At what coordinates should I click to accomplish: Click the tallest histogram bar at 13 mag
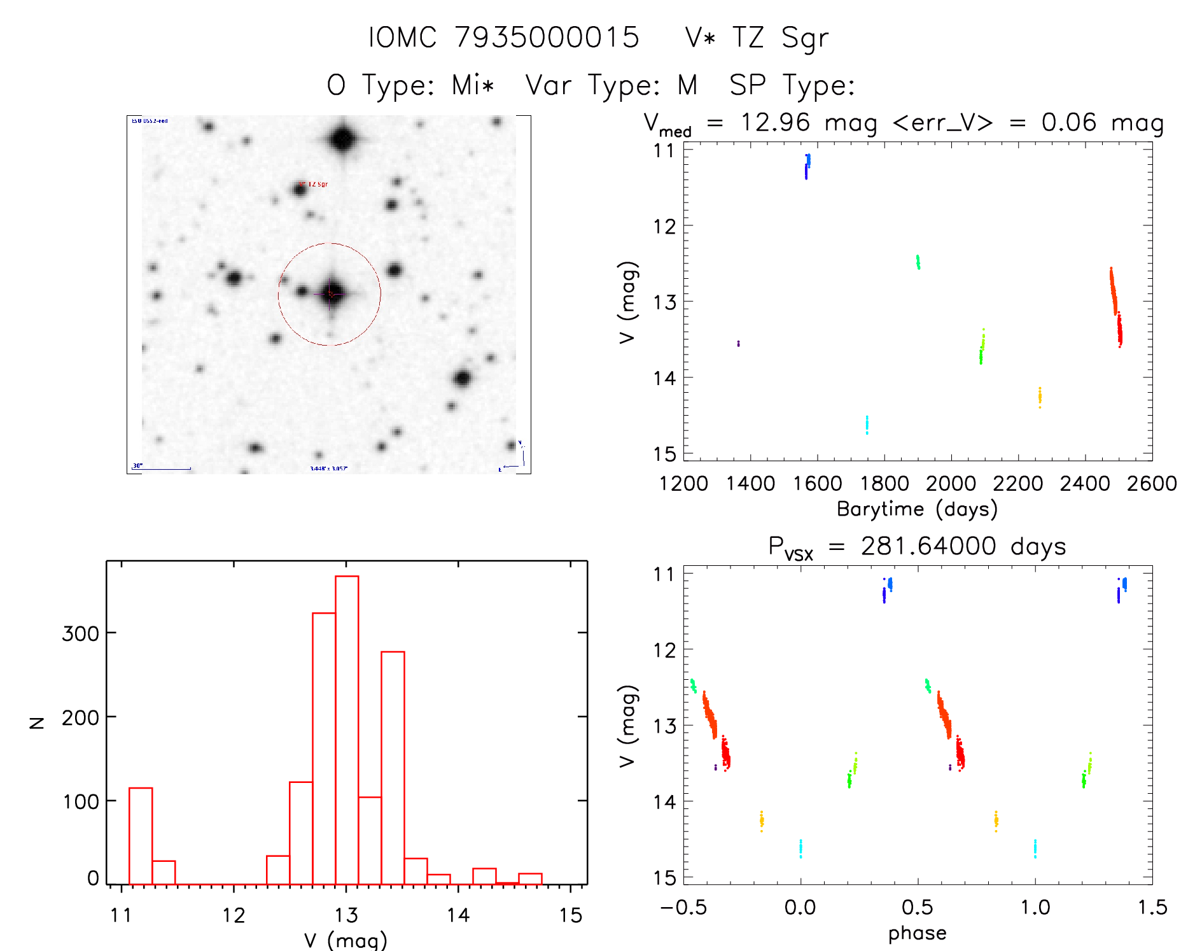[x=347, y=729]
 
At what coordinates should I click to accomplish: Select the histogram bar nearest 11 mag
[x=141, y=835]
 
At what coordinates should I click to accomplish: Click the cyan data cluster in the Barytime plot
[x=867, y=424]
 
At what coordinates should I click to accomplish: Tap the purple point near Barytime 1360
[x=738, y=344]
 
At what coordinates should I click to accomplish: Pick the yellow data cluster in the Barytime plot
[x=1040, y=397]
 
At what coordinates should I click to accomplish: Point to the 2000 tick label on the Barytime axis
[x=951, y=484]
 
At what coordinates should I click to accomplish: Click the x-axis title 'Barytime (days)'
[x=917, y=509]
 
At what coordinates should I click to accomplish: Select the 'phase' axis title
[x=917, y=933]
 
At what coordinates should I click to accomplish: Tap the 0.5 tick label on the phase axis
[x=917, y=908]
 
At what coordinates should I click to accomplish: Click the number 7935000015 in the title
[x=547, y=38]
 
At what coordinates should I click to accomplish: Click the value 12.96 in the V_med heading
[x=775, y=122]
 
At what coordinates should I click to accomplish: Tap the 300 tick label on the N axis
[x=80, y=634]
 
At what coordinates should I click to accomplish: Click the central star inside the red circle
[x=330, y=293]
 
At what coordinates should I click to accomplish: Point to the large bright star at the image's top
[x=343, y=138]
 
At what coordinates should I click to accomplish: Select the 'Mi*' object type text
[x=473, y=85]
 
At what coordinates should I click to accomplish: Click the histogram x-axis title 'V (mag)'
[x=346, y=940]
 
